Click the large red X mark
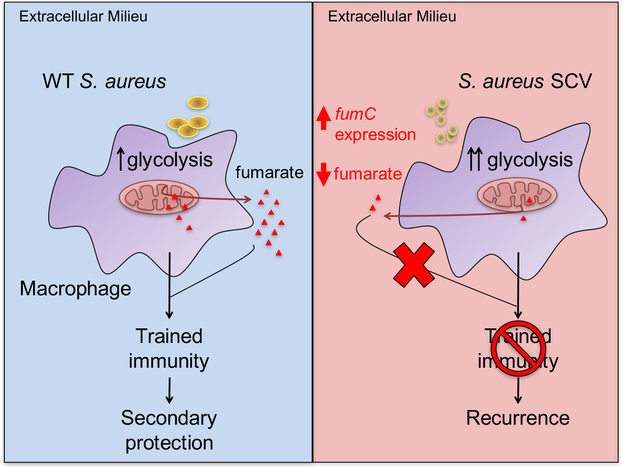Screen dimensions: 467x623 coord(414,266)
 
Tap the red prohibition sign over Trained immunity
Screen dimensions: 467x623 coord(517,348)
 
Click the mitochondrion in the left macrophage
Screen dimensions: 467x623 coord(159,198)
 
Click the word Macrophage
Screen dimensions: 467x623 coord(75,288)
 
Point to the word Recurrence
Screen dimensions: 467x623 coord(517,418)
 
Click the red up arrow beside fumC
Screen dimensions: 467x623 coord(323,118)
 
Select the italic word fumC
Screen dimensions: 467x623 coord(355,114)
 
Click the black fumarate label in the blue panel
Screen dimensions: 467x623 coord(269,172)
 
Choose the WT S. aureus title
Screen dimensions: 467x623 coord(104,81)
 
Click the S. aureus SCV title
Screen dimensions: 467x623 coord(525,81)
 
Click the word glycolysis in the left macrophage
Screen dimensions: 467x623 coord(170,160)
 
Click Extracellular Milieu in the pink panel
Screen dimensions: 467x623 coord(392,17)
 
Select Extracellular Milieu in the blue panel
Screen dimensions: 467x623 coord(83,17)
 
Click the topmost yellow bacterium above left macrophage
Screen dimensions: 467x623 coord(198,103)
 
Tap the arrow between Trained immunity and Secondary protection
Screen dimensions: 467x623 coord(169,391)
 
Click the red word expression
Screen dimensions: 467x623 coord(375,134)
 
